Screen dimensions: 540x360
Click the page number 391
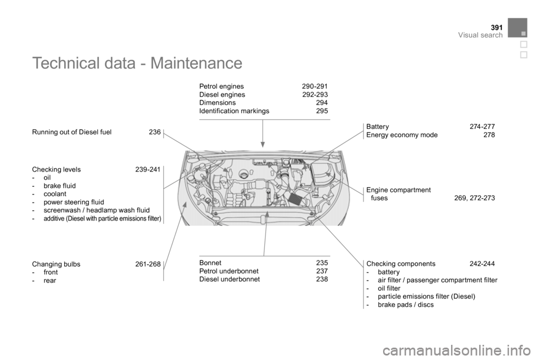coord(497,28)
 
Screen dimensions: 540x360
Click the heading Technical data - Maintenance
coord(137,63)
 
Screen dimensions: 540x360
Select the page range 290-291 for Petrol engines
coord(315,86)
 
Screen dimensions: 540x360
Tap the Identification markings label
coord(234,111)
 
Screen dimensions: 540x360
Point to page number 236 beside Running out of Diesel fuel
coord(155,132)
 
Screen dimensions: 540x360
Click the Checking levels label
coord(56,169)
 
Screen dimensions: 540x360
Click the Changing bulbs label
coord(56,264)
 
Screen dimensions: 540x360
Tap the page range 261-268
coord(148,264)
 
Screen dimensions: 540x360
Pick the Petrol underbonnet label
coord(229,271)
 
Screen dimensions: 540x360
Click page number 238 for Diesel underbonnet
coord(322,279)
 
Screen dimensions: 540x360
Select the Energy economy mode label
coord(402,135)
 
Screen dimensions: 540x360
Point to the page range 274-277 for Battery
coord(482,127)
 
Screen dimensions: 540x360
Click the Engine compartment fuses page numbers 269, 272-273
coord(475,198)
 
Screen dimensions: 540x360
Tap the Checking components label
coord(401,264)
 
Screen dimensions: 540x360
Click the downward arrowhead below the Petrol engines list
coord(263,144)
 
